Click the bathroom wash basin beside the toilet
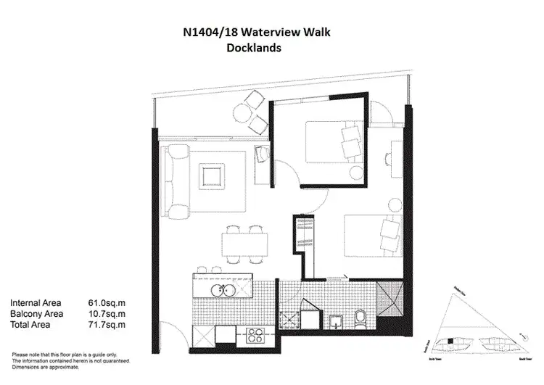point(336,321)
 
